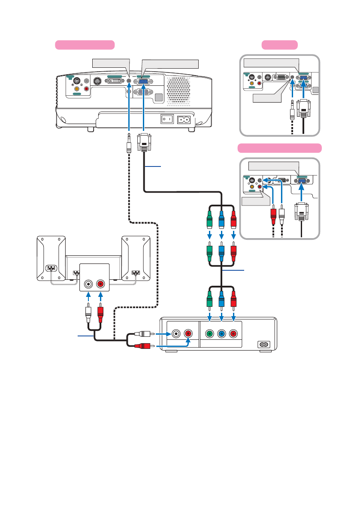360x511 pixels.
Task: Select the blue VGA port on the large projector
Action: coord(143,81)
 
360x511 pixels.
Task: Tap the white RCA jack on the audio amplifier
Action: coord(89,284)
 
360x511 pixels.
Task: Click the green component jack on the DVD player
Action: coord(209,334)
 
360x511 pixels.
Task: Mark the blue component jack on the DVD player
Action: coord(221,334)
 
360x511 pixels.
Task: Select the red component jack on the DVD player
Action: coord(233,334)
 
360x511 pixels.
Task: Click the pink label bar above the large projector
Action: coord(85,45)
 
